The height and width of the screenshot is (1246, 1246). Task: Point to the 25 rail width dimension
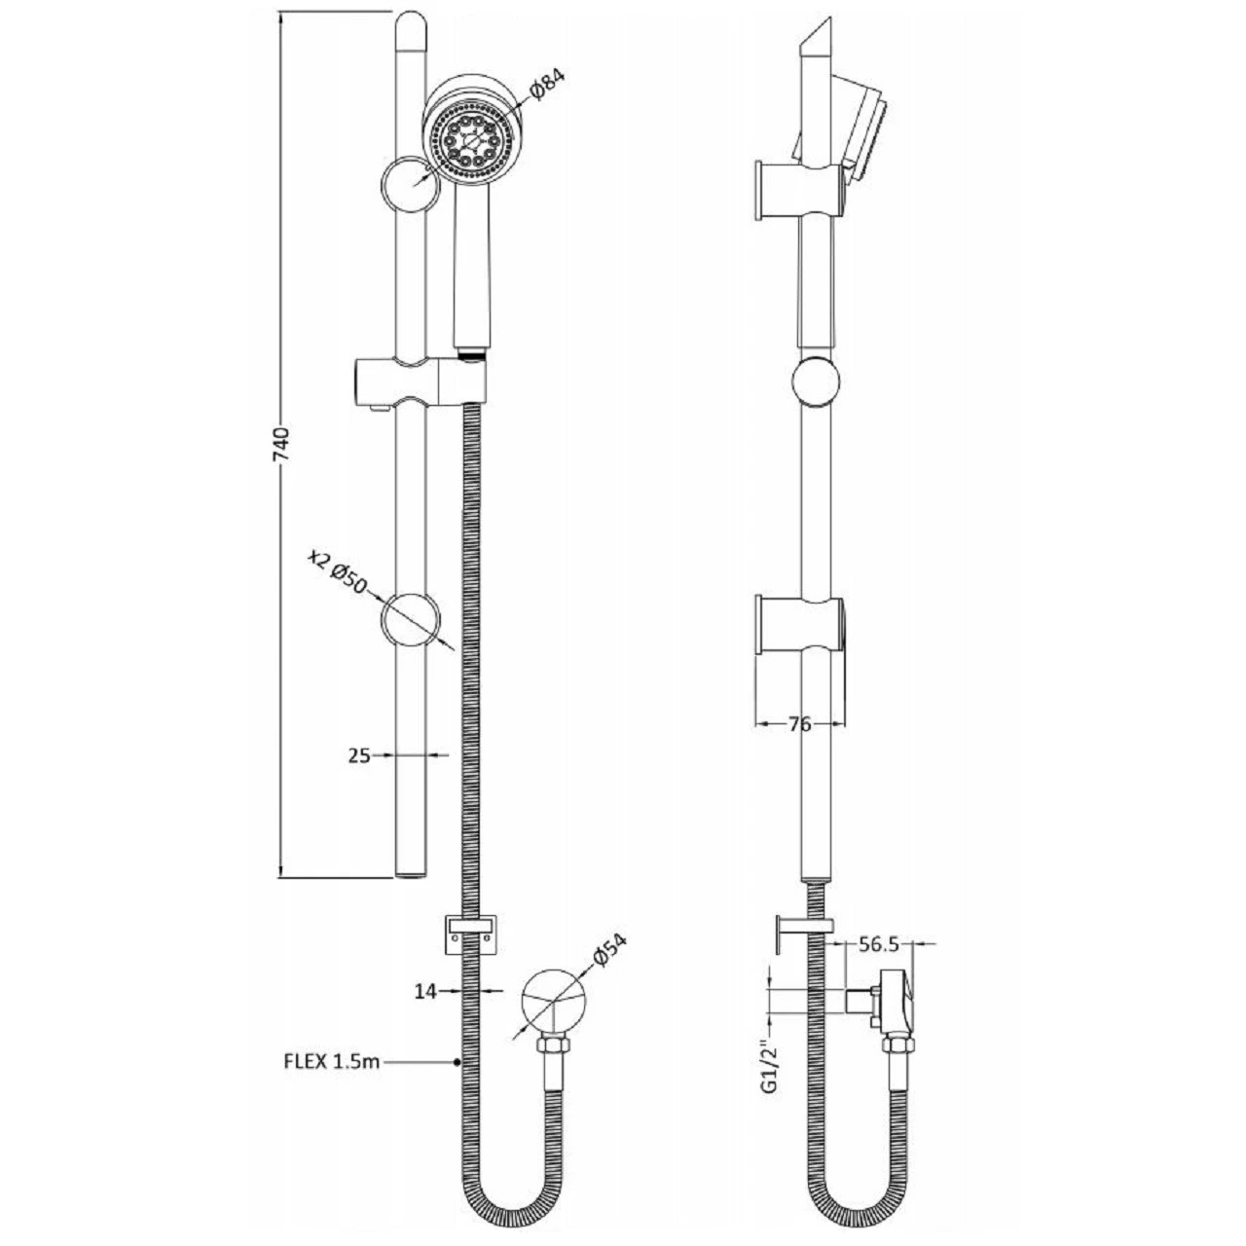(359, 754)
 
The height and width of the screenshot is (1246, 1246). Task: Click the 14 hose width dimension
(425, 991)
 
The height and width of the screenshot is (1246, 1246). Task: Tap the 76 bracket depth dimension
(799, 724)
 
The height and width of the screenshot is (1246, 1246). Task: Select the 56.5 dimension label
(878, 943)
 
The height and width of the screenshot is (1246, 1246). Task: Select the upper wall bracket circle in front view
(411, 185)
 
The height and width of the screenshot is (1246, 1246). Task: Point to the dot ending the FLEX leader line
(457, 1062)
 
